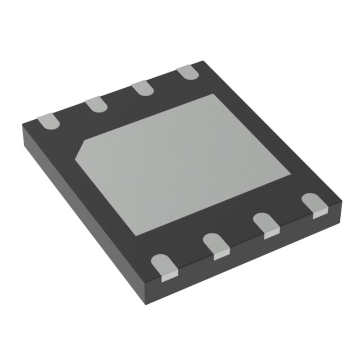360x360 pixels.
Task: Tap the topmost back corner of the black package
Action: coord(200,62)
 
